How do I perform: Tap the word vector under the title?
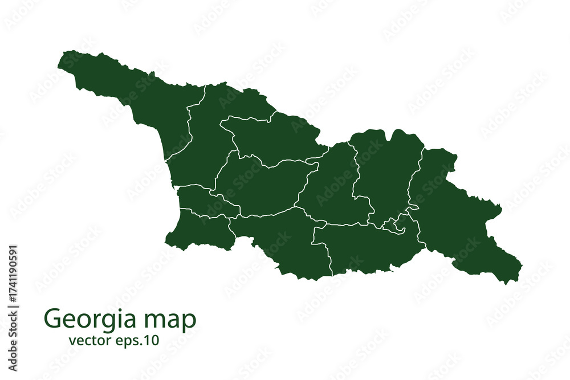pos(85,341)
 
